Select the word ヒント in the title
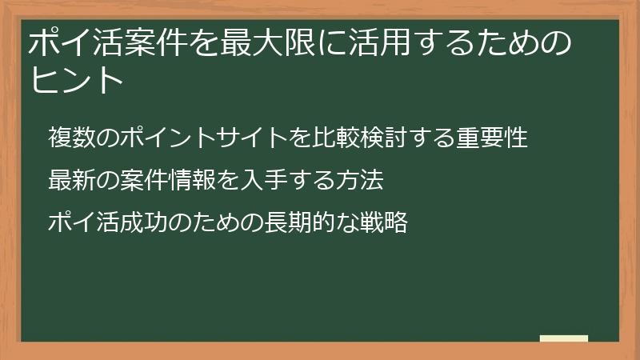[78, 80]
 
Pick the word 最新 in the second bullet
[72, 181]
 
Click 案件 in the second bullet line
[144, 181]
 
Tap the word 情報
[192, 181]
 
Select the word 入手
[264, 181]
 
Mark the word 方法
[360, 181]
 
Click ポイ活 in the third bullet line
[84, 223]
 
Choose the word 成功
[144, 223]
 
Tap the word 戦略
[384, 223]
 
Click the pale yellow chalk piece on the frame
[564, 338]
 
